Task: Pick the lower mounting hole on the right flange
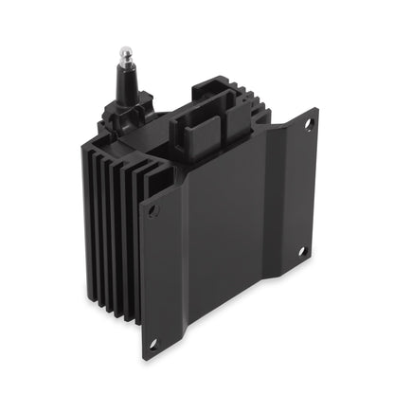point(303,251)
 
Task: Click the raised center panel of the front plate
point(227,237)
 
